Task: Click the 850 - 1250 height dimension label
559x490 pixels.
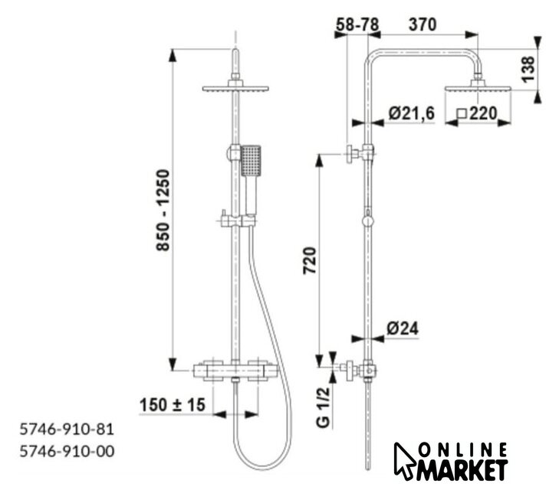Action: pos(163,211)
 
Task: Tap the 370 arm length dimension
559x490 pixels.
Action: pos(423,24)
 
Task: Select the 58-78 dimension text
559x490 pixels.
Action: pos(357,24)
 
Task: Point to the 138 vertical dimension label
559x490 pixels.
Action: pos(528,69)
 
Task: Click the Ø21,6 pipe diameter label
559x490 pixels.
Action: pos(412,113)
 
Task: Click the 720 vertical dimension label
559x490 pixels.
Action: pos(309,260)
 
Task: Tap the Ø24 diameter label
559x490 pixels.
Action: pos(403,328)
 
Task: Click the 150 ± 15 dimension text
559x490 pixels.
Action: pos(173,405)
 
